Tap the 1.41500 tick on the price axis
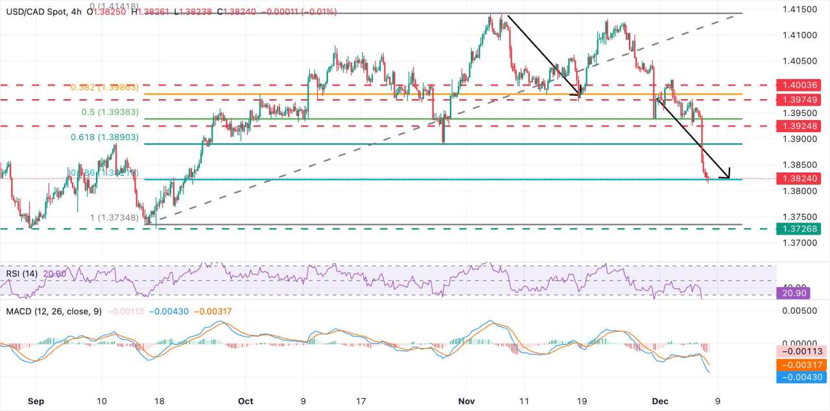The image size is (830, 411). pyautogui.click(x=803, y=9)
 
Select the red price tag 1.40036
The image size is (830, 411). pyautogui.click(x=803, y=85)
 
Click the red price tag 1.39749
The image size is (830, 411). pyautogui.click(x=803, y=99)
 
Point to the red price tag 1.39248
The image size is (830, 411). pyautogui.click(x=803, y=126)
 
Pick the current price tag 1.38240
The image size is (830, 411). pyautogui.click(x=803, y=178)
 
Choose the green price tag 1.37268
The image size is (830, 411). pyautogui.click(x=803, y=228)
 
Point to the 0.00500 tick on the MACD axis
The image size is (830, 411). pyautogui.click(x=803, y=311)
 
